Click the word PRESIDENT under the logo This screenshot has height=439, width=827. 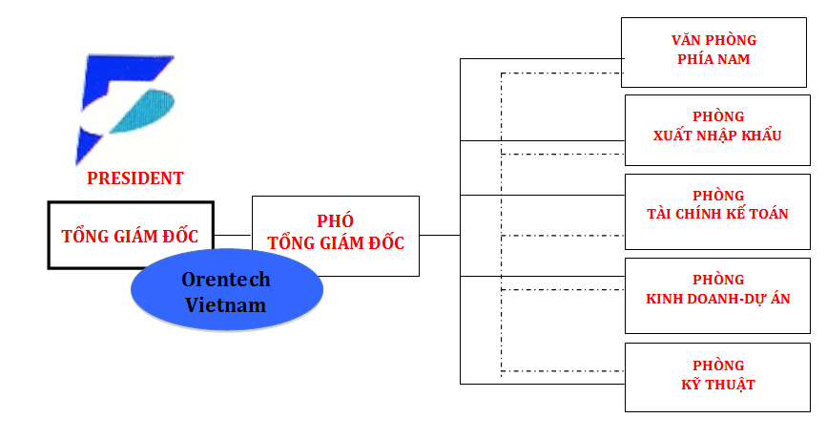tap(135, 178)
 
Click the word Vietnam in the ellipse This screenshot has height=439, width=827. tap(226, 305)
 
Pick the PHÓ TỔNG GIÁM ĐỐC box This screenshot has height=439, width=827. tap(335, 236)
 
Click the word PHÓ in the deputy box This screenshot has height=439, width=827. tap(335, 221)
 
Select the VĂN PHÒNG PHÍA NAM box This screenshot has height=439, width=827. tap(713, 50)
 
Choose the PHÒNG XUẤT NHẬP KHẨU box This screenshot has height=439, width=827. tap(717, 127)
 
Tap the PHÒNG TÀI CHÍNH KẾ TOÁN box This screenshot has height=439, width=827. tap(717, 205)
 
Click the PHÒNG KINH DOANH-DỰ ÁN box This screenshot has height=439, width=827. tap(717, 290)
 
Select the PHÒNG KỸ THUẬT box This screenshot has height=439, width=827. tap(718, 376)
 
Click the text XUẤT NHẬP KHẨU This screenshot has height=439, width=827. tap(717, 136)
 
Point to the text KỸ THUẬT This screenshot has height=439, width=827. tap(718, 385)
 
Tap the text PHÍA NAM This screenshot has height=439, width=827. tap(713, 59)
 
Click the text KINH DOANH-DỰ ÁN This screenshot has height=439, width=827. tap(717, 299)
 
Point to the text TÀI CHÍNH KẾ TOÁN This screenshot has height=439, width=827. tap(717, 214)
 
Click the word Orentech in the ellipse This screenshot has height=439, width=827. tap(226, 280)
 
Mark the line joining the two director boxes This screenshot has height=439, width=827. tap(233, 235)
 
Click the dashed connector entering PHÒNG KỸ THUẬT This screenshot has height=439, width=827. tap(563, 371)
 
